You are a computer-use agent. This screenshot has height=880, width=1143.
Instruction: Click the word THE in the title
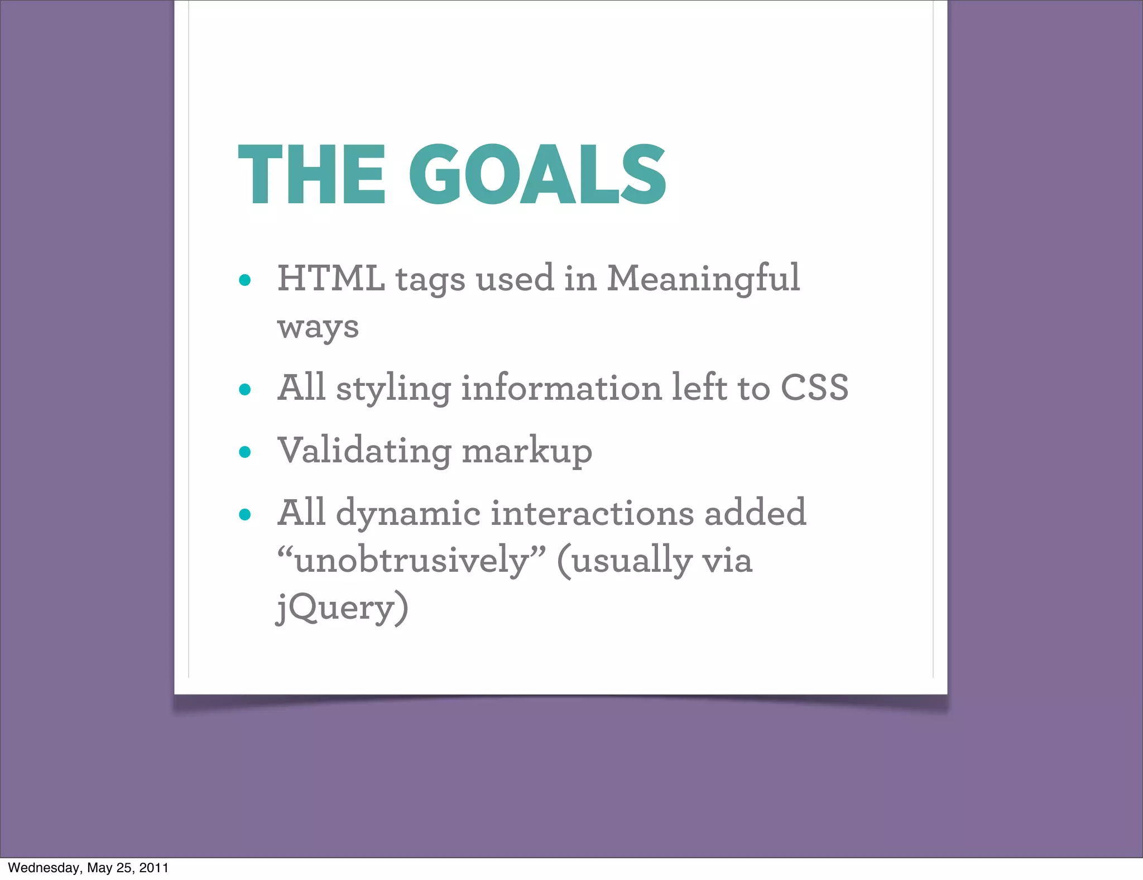click(x=311, y=175)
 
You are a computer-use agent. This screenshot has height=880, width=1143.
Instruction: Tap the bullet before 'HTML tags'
click(x=244, y=280)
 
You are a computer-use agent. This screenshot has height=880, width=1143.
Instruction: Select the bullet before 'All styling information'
click(x=244, y=389)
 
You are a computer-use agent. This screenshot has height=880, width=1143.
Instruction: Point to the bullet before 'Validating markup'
click(x=244, y=452)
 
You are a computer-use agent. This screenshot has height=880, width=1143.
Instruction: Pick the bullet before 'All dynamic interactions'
click(x=244, y=514)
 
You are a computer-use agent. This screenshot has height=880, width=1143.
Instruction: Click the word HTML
click(x=331, y=278)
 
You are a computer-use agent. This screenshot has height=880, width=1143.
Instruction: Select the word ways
click(x=318, y=327)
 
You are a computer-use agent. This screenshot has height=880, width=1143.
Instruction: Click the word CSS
click(x=814, y=388)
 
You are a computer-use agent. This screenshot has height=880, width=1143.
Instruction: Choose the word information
click(x=561, y=388)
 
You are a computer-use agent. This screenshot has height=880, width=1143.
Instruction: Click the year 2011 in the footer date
click(x=153, y=868)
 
